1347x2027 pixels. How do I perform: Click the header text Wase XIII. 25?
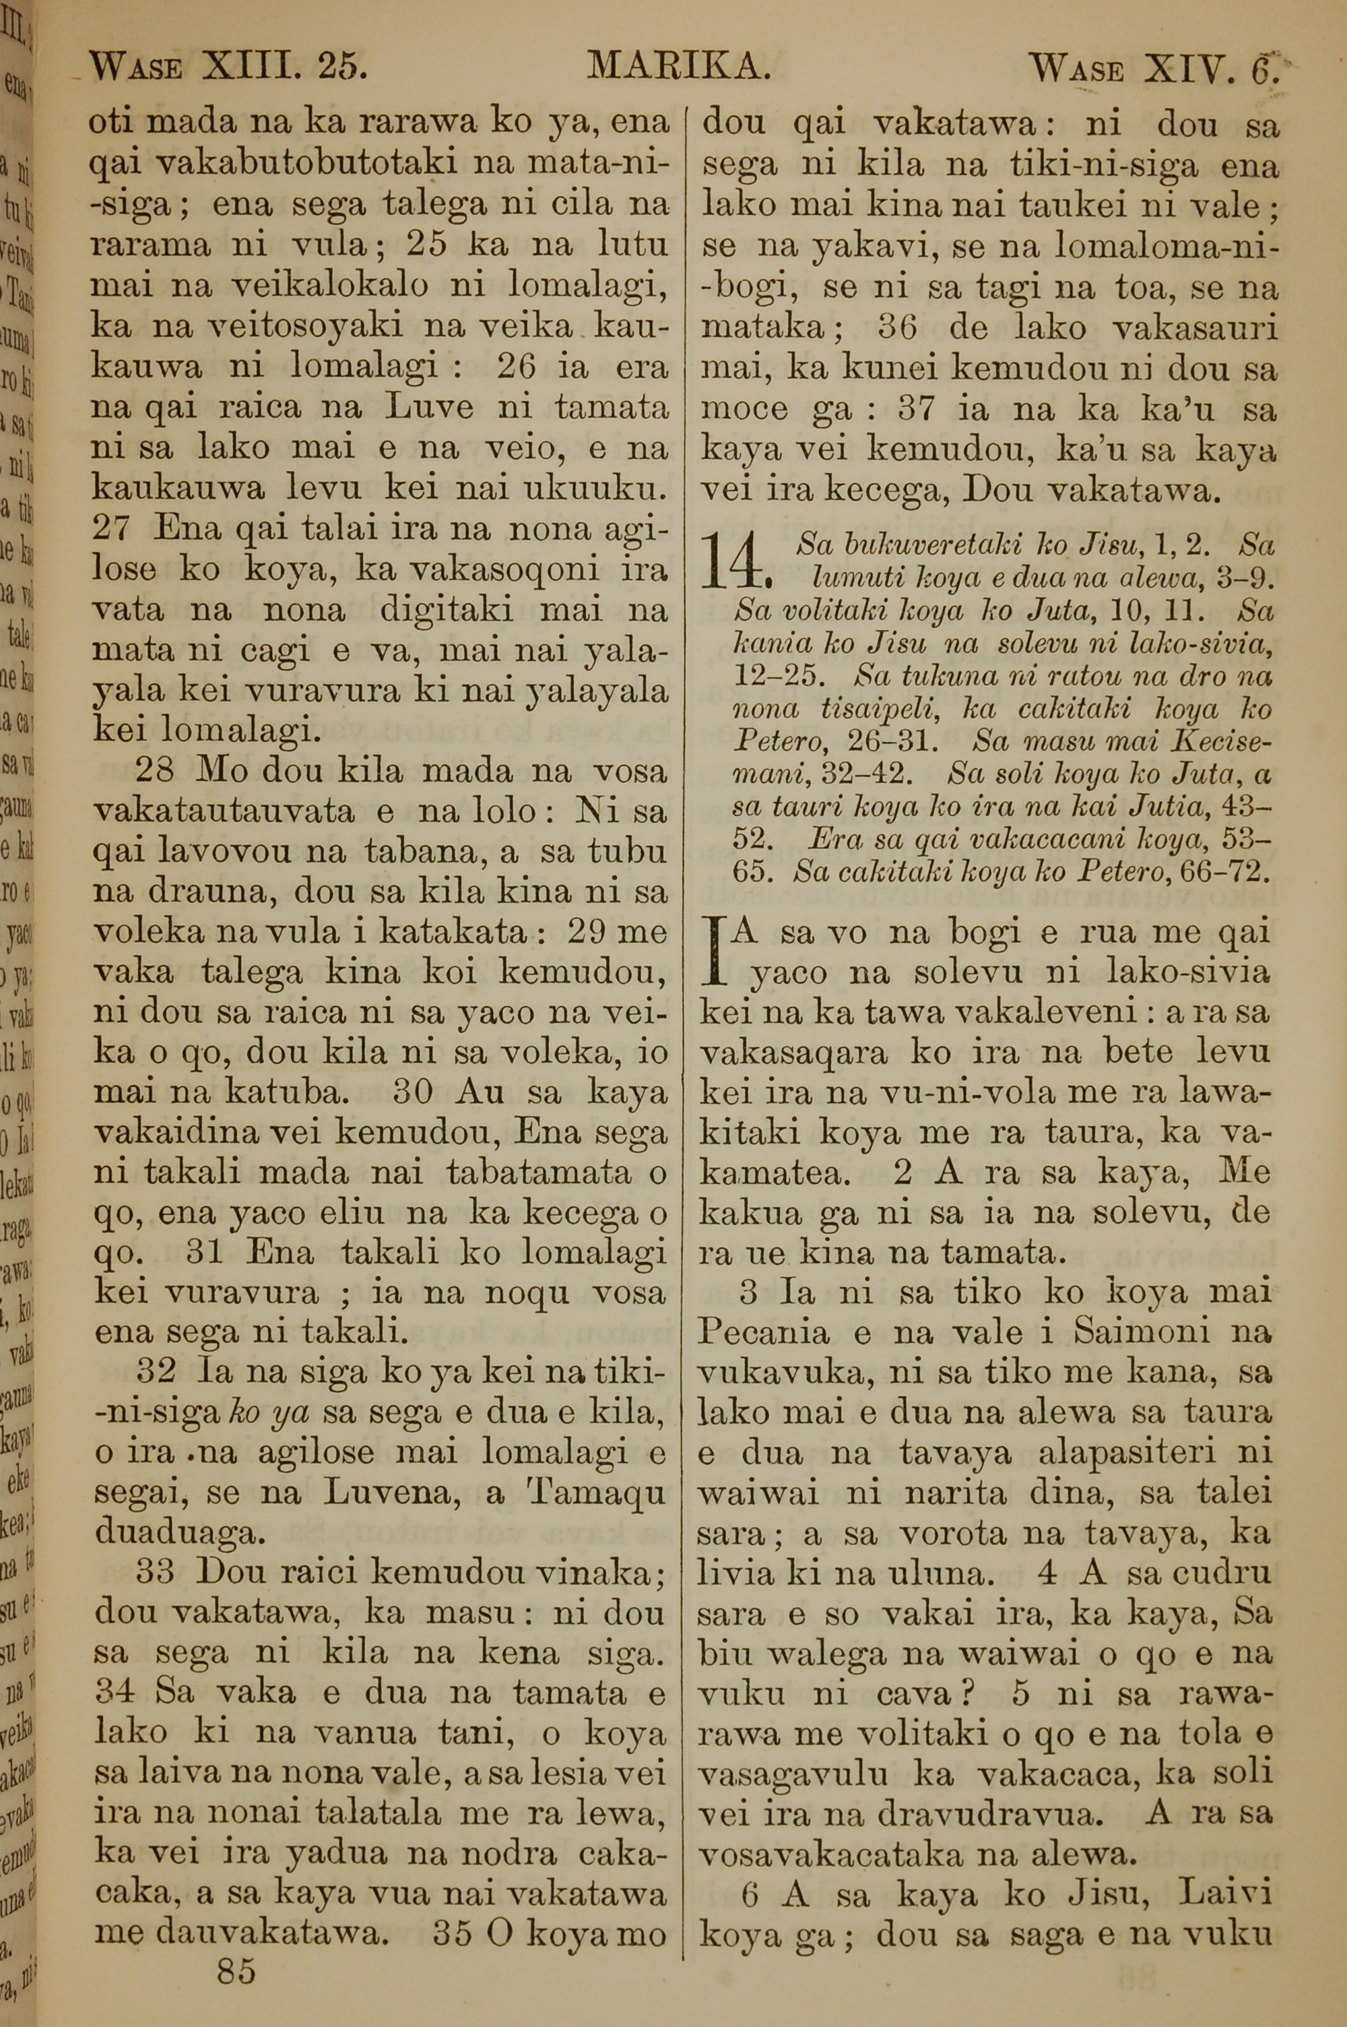pos(228,66)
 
